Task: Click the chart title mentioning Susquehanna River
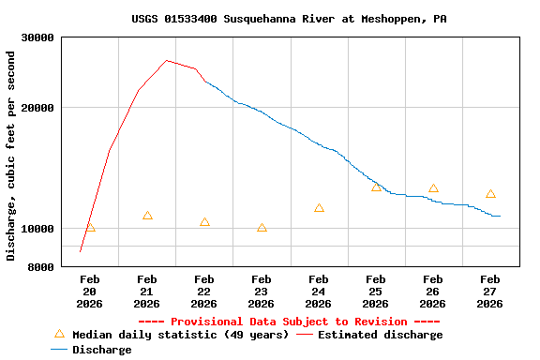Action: click(x=289, y=19)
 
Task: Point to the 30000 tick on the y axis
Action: click(x=38, y=37)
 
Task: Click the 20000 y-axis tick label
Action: click(x=38, y=108)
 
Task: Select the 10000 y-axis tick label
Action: click(x=38, y=229)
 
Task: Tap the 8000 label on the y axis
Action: click(x=41, y=267)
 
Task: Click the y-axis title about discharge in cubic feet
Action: click(x=11, y=156)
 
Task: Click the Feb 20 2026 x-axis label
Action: click(x=90, y=292)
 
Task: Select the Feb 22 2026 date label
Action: click(x=204, y=292)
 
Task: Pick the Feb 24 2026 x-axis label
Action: click(x=319, y=292)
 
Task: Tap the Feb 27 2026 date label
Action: click(x=489, y=292)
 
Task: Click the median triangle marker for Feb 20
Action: click(x=90, y=227)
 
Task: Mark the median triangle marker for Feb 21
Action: click(x=147, y=216)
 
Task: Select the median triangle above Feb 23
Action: click(x=262, y=228)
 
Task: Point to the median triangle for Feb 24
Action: click(x=319, y=208)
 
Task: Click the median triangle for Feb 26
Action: click(x=433, y=188)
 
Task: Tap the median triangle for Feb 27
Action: click(x=490, y=194)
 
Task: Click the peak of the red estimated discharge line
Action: click(x=166, y=60)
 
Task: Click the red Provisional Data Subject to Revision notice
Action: click(x=289, y=322)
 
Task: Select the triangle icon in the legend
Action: click(x=60, y=334)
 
